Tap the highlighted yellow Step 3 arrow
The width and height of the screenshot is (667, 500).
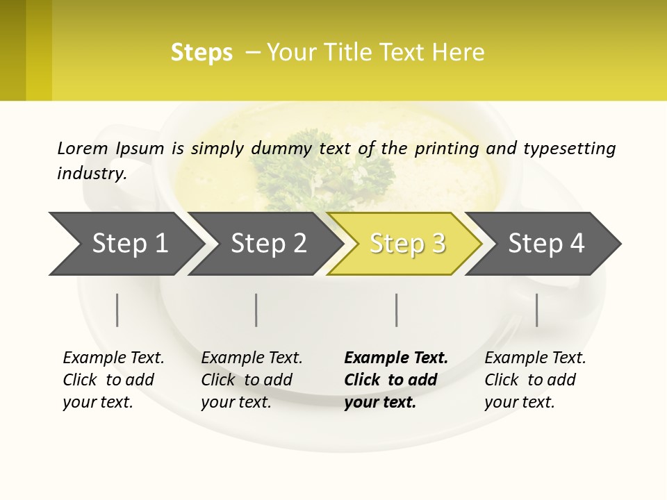click(406, 244)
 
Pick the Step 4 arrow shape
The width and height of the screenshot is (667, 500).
click(545, 244)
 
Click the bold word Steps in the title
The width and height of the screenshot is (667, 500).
click(201, 53)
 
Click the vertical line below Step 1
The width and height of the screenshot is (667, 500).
click(117, 310)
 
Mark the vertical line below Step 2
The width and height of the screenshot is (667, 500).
click(256, 310)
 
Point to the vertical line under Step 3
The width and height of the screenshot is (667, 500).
click(397, 310)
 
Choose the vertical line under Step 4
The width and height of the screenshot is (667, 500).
click(537, 310)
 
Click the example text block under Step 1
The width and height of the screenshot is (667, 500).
click(113, 380)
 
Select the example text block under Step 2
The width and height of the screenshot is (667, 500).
click(252, 380)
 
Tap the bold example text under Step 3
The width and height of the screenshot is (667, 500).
click(396, 380)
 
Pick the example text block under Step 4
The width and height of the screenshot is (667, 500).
click(535, 380)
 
